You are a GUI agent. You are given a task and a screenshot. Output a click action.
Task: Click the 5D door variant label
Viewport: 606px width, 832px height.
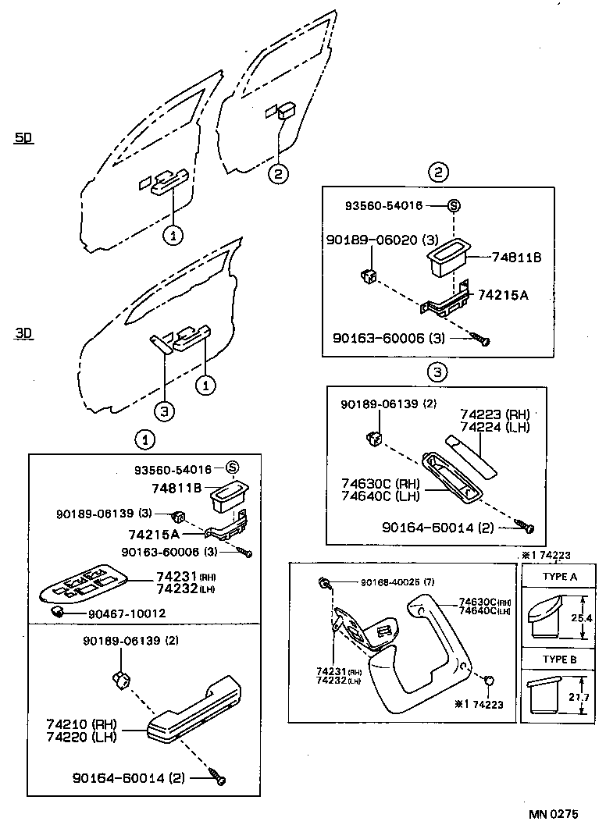(x=24, y=138)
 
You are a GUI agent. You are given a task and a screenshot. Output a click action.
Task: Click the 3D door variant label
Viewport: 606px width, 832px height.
(x=24, y=333)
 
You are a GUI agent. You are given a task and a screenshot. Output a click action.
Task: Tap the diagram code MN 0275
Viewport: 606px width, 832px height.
(x=553, y=813)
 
